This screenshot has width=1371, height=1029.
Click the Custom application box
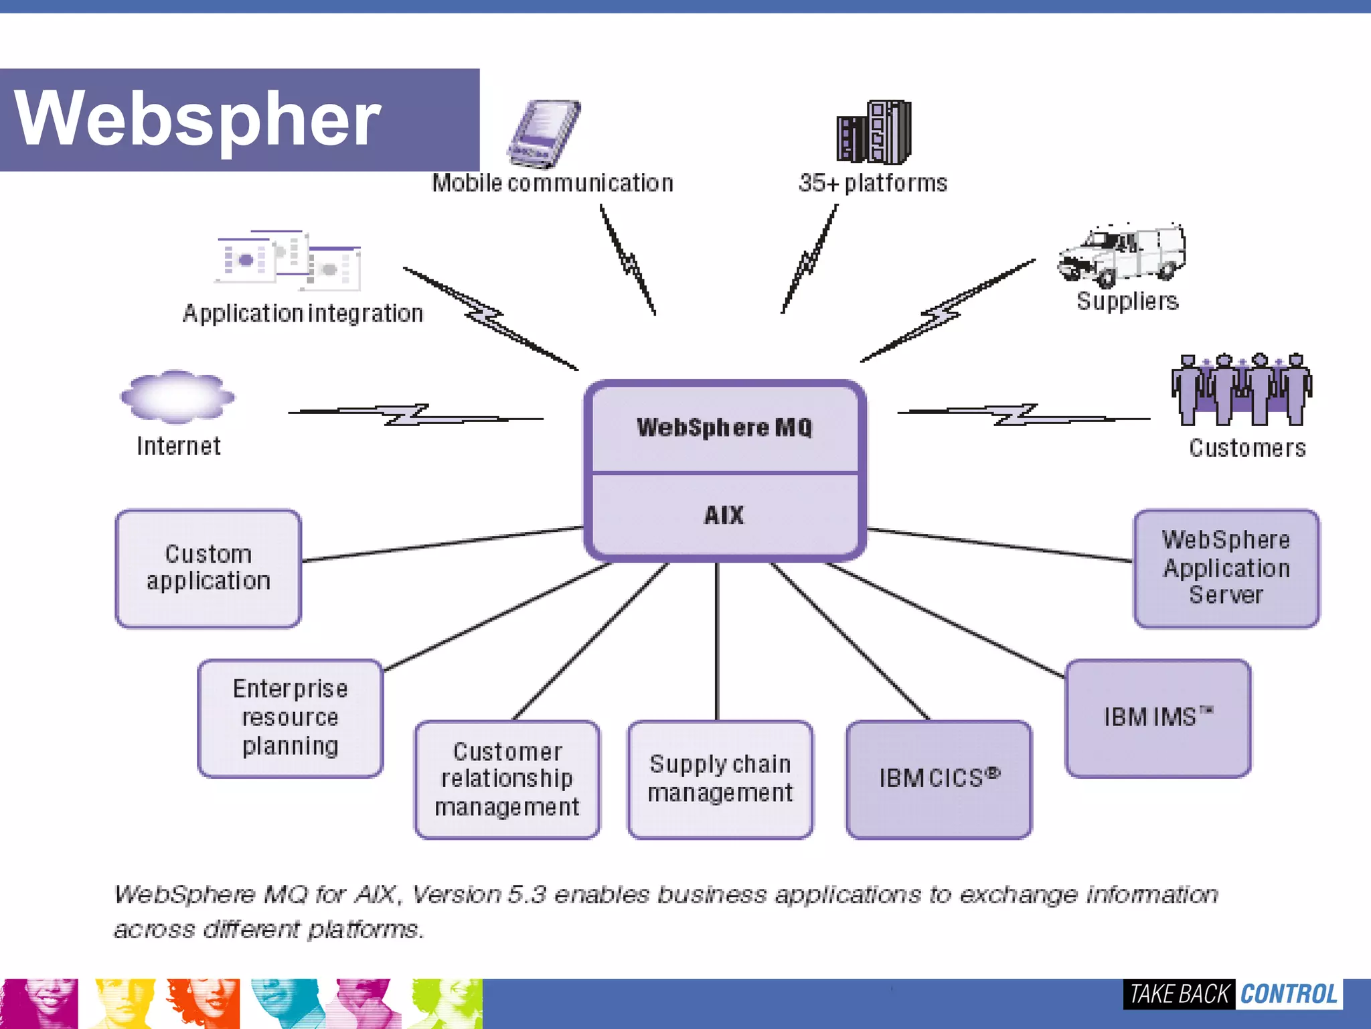(x=208, y=568)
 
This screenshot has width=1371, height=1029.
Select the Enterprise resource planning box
(x=290, y=718)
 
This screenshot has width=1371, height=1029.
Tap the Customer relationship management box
(x=507, y=779)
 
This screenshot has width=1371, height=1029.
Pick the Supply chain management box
(x=720, y=779)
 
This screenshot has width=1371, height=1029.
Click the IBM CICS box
(x=939, y=779)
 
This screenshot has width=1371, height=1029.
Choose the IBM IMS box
(x=1157, y=718)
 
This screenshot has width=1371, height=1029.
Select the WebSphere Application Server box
(x=1226, y=568)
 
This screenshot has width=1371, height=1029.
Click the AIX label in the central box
(x=724, y=515)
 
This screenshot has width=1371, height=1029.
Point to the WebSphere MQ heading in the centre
(x=724, y=427)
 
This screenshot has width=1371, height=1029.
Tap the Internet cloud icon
(x=177, y=397)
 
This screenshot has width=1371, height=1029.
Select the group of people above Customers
(x=1241, y=390)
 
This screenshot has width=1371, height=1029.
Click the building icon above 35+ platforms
(x=874, y=132)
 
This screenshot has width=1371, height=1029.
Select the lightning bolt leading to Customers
(x=1018, y=415)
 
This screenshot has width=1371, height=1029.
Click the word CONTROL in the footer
(x=1288, y=994)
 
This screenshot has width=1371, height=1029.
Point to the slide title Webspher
(x=197, y=119)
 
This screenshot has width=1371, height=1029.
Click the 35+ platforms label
(x=873, y=183)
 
